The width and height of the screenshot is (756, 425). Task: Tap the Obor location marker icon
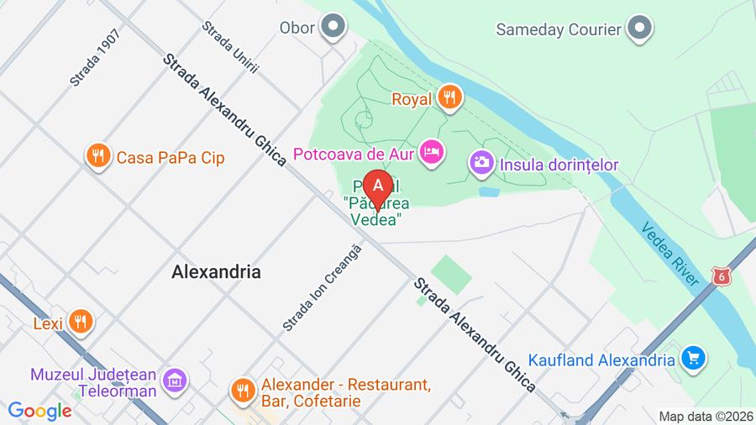334,27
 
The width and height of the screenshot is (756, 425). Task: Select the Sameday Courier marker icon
641,29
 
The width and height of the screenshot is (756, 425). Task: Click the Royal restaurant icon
450,99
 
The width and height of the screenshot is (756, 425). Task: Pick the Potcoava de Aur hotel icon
432,153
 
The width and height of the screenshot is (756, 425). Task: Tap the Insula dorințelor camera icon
481,163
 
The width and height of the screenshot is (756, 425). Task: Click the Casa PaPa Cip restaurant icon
99,156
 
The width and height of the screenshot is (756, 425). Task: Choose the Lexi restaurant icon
81,321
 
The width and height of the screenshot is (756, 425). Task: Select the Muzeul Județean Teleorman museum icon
176,380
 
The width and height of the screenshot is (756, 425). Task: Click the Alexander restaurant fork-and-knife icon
243,389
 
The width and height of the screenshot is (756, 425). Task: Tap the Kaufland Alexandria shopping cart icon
693,359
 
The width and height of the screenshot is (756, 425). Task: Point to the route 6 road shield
719,275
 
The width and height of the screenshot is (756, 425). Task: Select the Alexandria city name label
216,272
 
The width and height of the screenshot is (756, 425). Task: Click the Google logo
39,411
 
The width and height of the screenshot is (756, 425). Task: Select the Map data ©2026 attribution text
704,416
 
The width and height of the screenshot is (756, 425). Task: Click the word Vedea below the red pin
373,218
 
